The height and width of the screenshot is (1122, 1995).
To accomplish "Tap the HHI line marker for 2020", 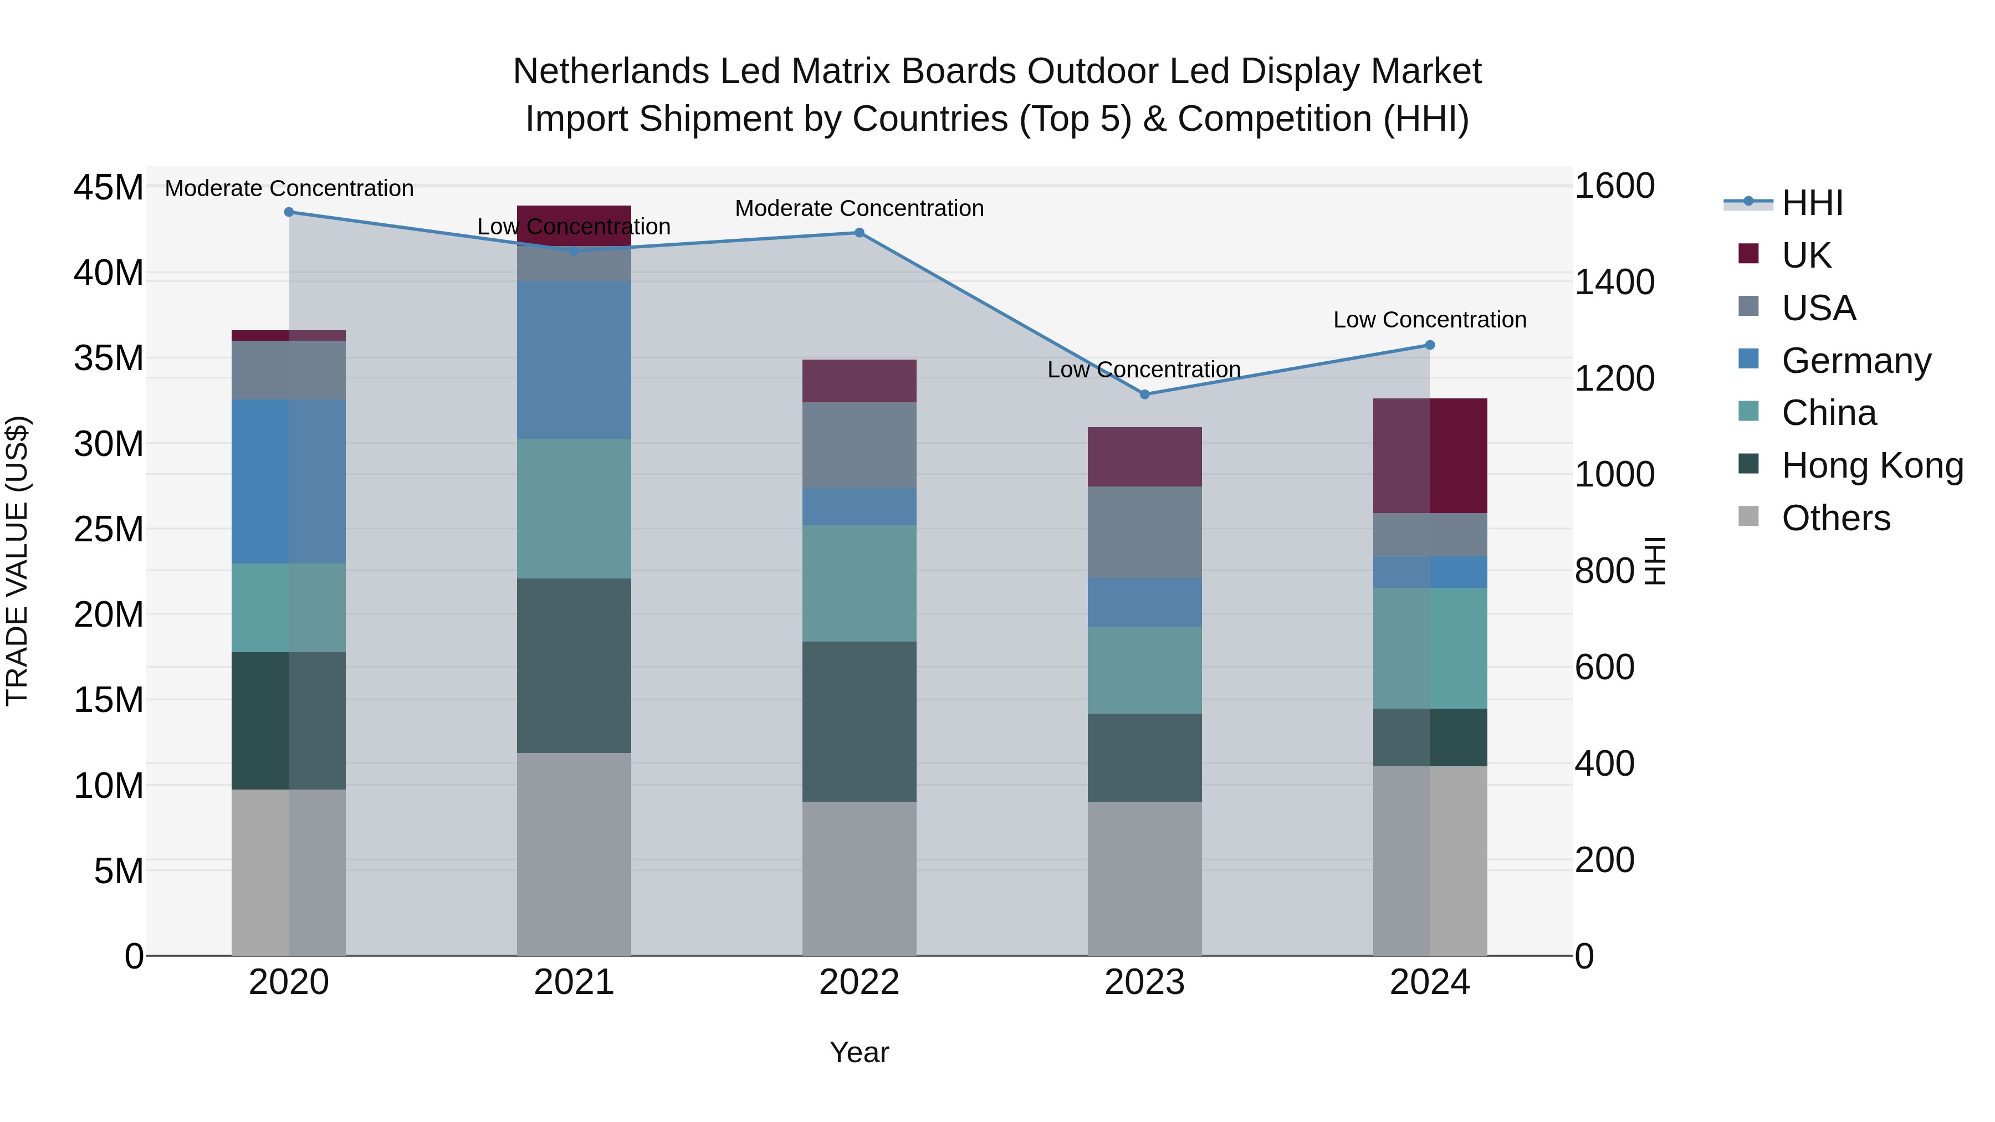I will coord(289,212).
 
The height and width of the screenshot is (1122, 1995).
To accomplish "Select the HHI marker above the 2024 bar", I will coord(1430,345).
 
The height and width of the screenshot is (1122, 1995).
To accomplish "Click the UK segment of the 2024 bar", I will coord(1430,455).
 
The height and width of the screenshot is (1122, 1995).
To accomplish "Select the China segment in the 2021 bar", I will coord(574,508).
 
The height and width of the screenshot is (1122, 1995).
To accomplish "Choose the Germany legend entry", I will coord(1855,360).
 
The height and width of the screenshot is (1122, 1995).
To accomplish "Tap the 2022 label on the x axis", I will coord(859,982).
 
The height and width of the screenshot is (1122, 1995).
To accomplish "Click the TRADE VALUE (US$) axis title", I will coord(17,561).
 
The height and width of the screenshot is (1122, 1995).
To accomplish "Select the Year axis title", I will coord(859,1052).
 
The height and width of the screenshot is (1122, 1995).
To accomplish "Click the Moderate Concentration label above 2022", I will coord(859,208).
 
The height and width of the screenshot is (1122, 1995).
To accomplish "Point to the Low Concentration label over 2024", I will coord(1430,320).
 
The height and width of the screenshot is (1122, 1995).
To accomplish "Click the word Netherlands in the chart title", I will coord(610,71).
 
